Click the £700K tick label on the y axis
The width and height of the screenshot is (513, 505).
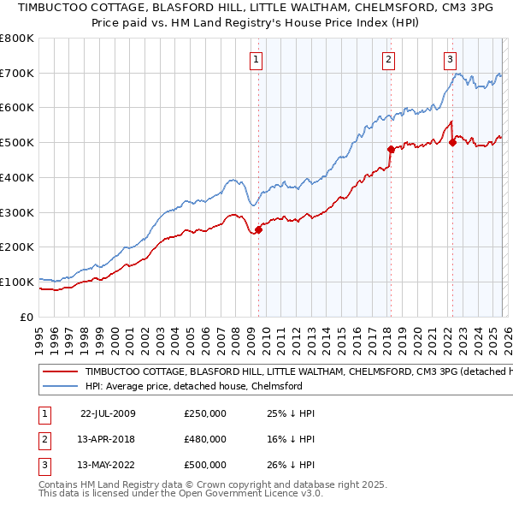(x=17, y=73)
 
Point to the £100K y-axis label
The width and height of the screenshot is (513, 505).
(x=17, y=282)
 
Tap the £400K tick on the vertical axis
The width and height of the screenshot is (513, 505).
(x=17, y=177)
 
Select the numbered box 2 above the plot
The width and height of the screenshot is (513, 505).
(x=388, y=59)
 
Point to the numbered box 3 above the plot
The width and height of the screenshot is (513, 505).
(x=450, y=59)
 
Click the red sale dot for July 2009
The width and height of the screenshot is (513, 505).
(x=258, y=229)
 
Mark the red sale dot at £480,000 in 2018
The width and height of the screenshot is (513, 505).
(x=390, y=149)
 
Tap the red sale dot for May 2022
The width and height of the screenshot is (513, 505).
(x=451, y=142)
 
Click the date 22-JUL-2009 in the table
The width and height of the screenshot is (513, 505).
(x=108, y=413)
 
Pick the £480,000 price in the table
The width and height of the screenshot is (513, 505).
(x=205, y=439)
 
